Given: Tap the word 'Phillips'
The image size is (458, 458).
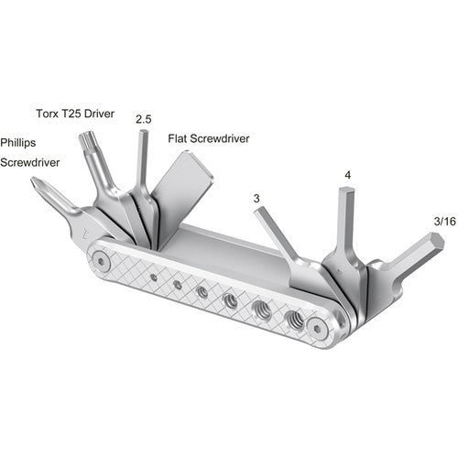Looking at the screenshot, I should (x=20, y=143).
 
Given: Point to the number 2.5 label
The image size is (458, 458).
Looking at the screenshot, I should (x=143, y=119).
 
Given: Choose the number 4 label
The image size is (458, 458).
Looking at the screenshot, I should (x=347, y=174).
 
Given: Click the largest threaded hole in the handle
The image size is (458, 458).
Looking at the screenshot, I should (x=295, y=320).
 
